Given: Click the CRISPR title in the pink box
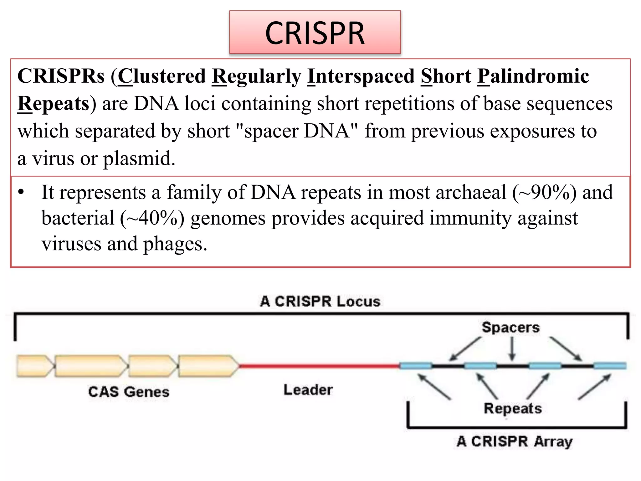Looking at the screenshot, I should (315, 33).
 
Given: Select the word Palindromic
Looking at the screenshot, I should (533, 76).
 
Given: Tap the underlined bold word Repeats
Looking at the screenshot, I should (54, 104).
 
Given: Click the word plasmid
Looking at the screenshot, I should (139, 158).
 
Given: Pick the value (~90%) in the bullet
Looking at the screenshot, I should (544, 192).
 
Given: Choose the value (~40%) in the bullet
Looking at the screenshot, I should (152, 218).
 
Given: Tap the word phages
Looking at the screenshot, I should (175, 244).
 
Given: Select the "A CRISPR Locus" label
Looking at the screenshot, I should (320, 301).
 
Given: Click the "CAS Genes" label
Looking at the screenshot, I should (129, 392).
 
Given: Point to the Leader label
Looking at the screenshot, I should (308, 390).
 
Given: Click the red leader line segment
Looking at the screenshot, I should (319, 365).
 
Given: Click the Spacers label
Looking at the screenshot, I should (510, 328).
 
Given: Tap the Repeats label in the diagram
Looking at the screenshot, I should (513, 408).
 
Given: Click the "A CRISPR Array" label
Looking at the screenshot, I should (515, 442).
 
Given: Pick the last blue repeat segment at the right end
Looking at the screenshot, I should (610, 366).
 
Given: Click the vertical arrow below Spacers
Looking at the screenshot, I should (512, 349).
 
